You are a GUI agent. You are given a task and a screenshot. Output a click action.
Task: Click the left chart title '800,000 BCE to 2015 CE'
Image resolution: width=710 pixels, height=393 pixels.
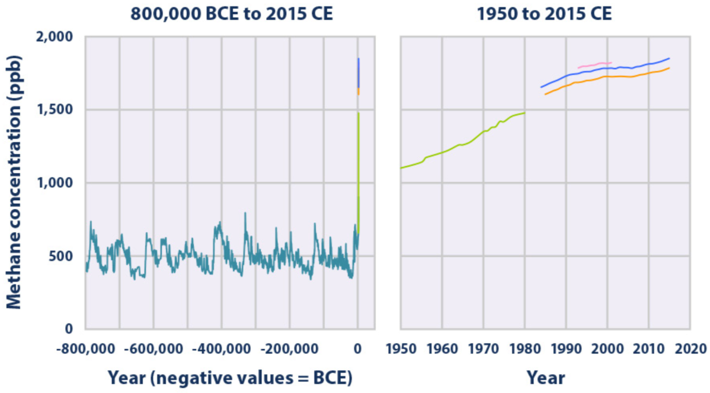(231, 14)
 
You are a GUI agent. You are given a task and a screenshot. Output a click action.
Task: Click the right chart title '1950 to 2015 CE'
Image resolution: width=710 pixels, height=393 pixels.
(545, 14)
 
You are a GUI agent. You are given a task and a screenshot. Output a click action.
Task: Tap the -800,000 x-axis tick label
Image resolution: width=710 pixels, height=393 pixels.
(86, 349)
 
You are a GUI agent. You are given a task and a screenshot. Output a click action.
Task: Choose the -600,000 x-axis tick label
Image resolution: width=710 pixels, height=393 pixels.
(153, 349)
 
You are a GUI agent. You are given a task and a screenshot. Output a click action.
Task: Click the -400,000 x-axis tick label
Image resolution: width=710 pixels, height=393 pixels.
(221, 349)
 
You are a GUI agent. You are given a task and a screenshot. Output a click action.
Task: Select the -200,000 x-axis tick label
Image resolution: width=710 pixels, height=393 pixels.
(289, 349)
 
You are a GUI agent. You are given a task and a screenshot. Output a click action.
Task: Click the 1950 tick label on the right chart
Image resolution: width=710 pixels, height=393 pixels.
(400, 349)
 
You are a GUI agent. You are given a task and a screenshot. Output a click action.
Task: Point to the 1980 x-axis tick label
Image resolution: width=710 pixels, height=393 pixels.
(525, 349)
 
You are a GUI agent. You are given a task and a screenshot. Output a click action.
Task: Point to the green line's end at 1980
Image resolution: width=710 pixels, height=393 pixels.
(524, 113)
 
